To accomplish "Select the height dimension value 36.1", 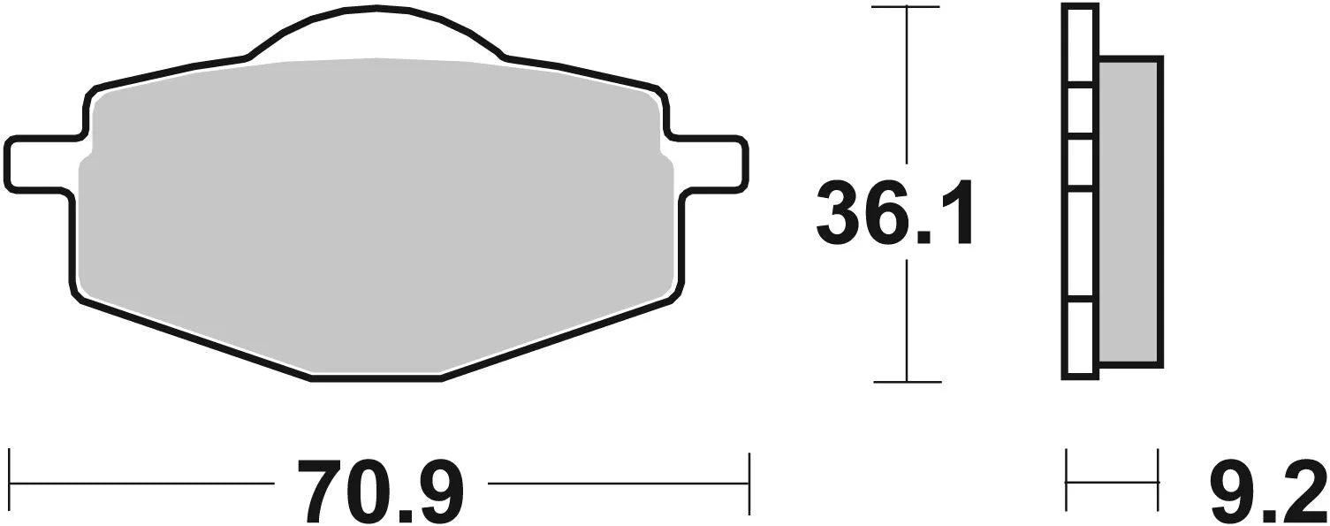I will pyautogui.click(x=893, y=213).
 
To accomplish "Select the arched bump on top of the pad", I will pyautogui.click(x=376, y=31).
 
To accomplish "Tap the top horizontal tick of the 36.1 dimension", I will pyautogui.click(x=906, y=7).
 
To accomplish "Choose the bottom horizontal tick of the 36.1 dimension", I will pyautogui.click(x=906, y=382).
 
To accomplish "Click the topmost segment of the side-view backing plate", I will pyautogui.click(x=1082, y=44).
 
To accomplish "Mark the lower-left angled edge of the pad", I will pyautogui.click(x=194, y=341).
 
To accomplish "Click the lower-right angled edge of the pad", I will pyautogui.click(x=557, y=341).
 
